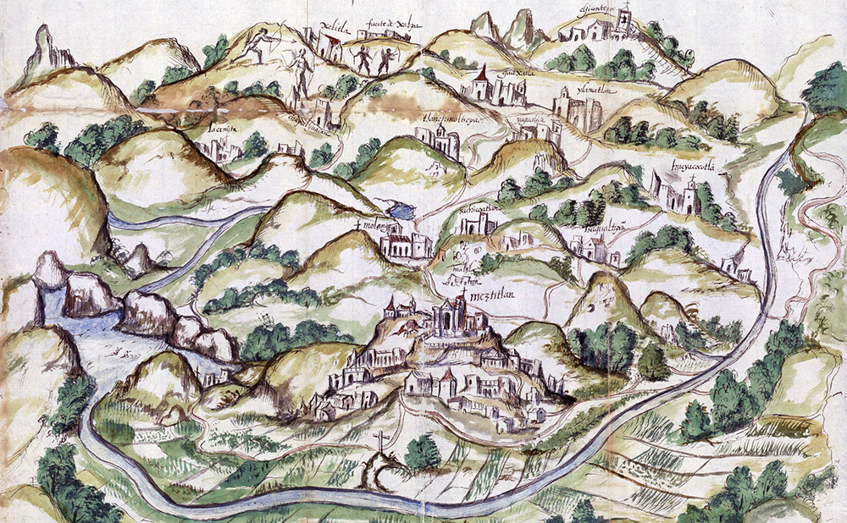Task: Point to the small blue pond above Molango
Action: pos(397,212)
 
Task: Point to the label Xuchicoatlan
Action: pos(479,206)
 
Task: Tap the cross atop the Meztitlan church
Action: pos(463,294)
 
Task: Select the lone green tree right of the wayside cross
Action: pos(422,454)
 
